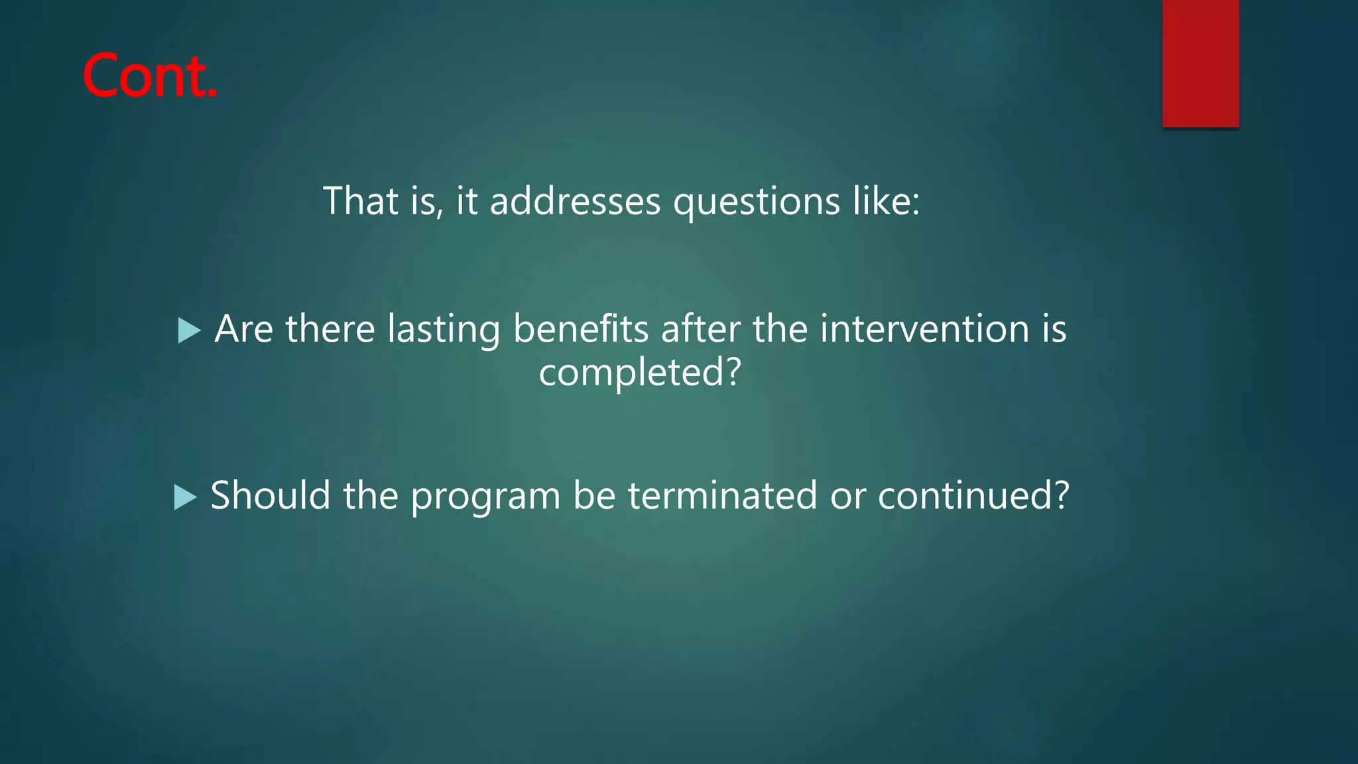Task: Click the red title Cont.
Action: (x=150, y=76)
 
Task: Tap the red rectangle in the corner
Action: (x=1200, y=63)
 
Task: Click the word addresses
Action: (x=575, y=201)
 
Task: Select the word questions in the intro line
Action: (x=757, y=201)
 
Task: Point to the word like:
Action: (x=887, y=201)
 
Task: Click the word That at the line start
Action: (x=361, y=201)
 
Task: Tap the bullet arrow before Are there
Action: (x=189, y=330)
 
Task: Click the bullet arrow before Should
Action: (x=185, y=497)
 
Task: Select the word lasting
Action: (x=444, y=329)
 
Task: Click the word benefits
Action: (x=581, y=329)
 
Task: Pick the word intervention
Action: (x=924, y=329)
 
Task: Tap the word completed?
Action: (x=639, y=372)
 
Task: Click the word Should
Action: (x=271, y=495)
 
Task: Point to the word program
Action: (x=485, y=497)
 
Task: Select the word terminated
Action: (x=723, y=495)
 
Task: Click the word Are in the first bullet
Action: (x=243, y=329)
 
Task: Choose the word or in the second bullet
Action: (x=847, y=497)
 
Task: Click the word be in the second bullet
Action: (x=594, y=495)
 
